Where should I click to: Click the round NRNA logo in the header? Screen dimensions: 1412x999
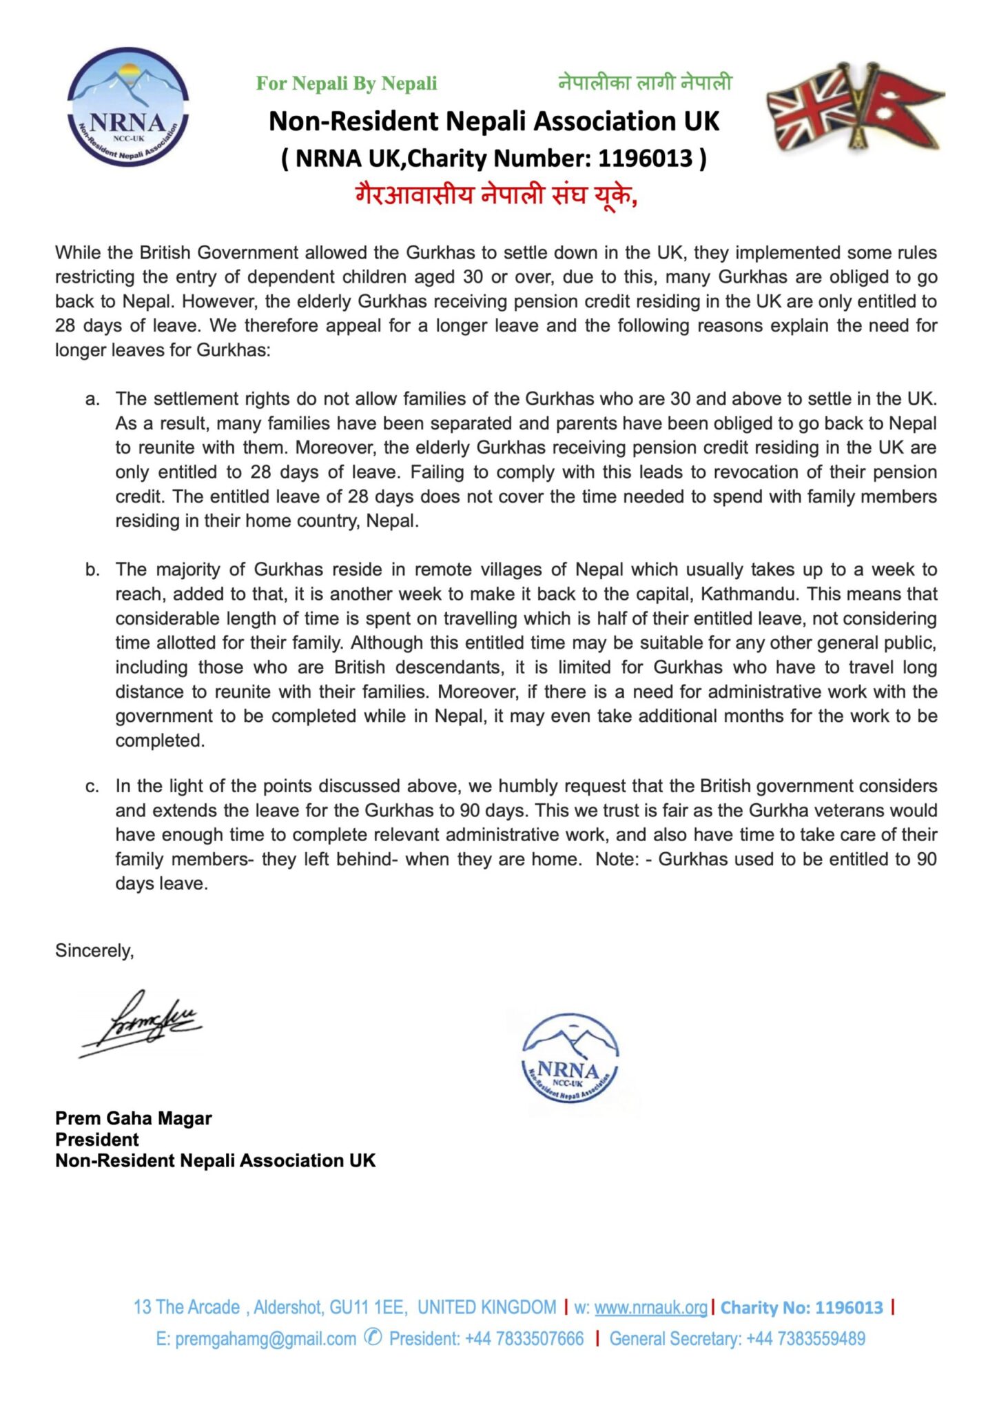click(128, 107)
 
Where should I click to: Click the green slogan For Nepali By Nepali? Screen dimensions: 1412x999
click(347, 83)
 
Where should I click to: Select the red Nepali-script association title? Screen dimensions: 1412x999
click(496, 195)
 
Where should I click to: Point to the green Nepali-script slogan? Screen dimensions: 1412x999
click(645, 83)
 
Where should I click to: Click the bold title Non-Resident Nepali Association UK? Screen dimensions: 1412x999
click(493, 121)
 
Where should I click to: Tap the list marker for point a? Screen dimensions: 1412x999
click(92, 399)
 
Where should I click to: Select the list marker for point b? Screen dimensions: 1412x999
click(92, 570)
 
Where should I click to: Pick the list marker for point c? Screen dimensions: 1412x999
click(92, 787)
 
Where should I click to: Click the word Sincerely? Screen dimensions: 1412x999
click(94, 951)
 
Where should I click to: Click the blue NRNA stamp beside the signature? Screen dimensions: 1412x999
click(570, 1058)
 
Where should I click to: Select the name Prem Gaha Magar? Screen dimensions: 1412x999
click(134, 1118)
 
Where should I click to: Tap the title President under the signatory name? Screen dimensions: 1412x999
click(97, 1140)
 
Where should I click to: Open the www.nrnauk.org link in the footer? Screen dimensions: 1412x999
click(650, 1308)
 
